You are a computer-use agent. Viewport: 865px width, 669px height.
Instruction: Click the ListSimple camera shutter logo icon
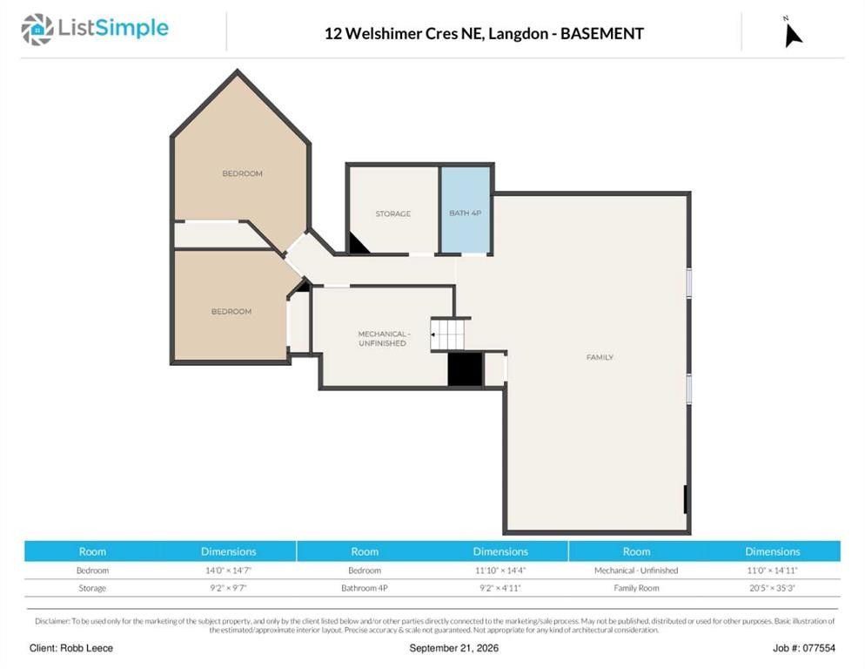pyautogui.click(x=37, y=30)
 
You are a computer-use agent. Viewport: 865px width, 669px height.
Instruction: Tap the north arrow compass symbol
pyautogui.click(x=793, y=34)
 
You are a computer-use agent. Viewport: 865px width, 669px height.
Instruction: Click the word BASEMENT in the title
pyautogui.click(x=602, y=34)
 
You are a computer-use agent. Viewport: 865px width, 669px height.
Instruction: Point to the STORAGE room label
pyautogui.click(x=392, y=213)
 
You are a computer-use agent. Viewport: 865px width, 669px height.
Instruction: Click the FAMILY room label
pyautogui.click(x=600, y=357)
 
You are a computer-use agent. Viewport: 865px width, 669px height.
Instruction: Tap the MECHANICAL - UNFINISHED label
pyautogui.click(x=383, y=339)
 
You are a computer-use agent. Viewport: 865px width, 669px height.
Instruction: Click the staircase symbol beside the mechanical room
pyautogui.click(x=447, y=334)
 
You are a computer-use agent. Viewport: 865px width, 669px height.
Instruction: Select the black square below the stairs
pyautogui.click(x=465, y=368)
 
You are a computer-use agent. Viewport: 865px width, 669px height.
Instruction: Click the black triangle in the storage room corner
pyautogui.click(x=357, y=245)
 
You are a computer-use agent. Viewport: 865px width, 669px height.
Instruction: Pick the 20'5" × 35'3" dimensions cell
pyautogui.click(x=772, y=588)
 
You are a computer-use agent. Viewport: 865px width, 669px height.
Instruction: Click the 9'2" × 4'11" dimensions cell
pyautogui.click(x=500, y=588)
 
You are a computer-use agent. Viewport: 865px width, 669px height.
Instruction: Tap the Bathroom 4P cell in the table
pyautogui.click(x=364, y=588)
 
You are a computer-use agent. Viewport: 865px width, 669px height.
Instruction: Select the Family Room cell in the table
pyautogui.click(x=636, y=588)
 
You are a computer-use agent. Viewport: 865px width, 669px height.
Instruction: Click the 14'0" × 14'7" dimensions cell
pyautogui.click(x=228, y=571)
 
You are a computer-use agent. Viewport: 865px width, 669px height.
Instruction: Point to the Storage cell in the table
pyautogui.click(x=92, y=588)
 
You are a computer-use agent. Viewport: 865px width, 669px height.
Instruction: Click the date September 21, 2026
pyautogui.click(x=453, y=648)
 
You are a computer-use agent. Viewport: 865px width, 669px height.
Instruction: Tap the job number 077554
pyautogui.click(x=819, y=648)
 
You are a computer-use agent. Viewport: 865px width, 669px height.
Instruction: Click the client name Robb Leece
pyautogui.click(x=87, y=648)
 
